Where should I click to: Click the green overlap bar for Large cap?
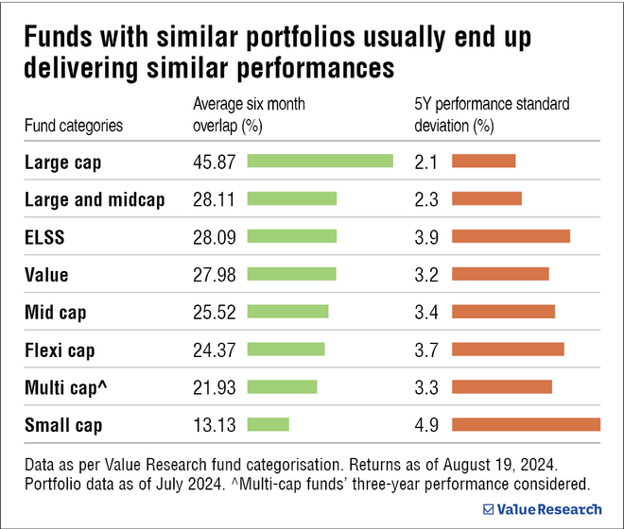[x=320, y=162]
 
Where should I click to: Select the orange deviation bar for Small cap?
[x=526, y=425]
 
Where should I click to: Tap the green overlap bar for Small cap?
[x=268, y=425]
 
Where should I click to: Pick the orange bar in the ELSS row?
[x=511, y=237]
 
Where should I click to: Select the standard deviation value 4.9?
[x=426, y=425]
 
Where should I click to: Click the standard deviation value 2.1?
[x=426, y=162]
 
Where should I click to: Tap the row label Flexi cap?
[x=61, y=350]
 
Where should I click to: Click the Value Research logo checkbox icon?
[x=488, y=509]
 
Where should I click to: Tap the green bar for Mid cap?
[x=287, y=312]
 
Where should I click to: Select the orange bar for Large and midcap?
[x=487, y=199]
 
